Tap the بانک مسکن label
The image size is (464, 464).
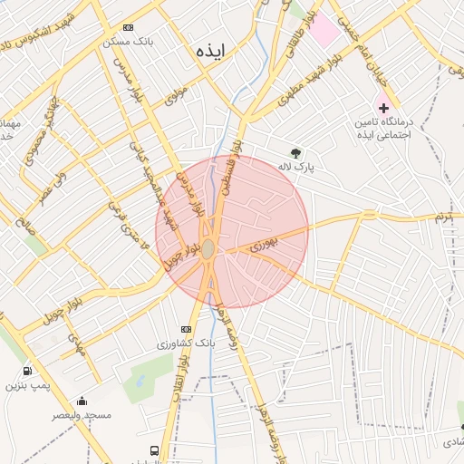pos(129,42)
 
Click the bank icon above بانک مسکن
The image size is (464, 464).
pos(128,28)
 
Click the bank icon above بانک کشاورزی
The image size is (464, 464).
pos(186,330)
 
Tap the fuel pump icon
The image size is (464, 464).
pos(26,371)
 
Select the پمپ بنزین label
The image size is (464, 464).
pos(24,385)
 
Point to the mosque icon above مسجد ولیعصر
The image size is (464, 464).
pos(82,401)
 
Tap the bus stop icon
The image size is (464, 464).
pos(155,450)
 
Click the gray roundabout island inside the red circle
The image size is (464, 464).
pos(208,248)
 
